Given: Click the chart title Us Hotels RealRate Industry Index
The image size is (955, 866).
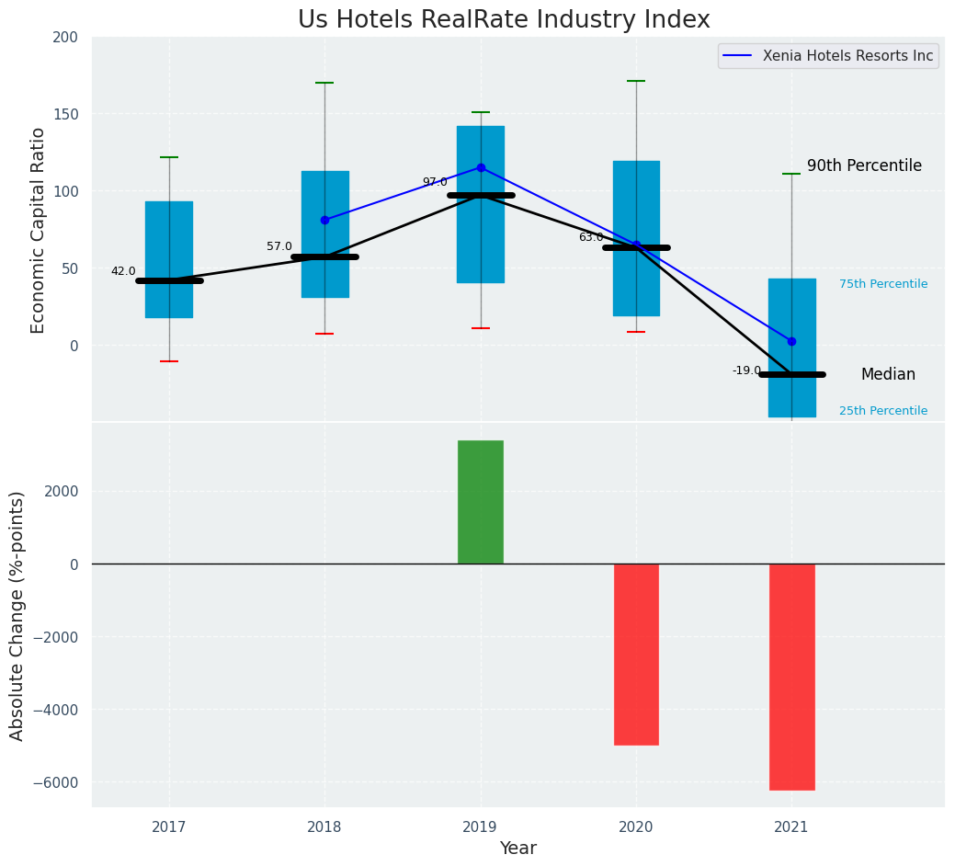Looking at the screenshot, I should coord(503,20).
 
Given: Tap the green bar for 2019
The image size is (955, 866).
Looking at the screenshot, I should coord(480,502).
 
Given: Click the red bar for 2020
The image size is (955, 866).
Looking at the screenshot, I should coord(636,654).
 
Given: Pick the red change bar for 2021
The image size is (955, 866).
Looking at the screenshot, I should coord(791,677).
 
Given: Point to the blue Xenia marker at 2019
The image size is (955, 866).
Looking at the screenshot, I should coord(481,167).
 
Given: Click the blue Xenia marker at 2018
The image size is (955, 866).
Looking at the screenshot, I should coord(324,220).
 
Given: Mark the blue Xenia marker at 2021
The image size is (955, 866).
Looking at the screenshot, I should coord(791,341).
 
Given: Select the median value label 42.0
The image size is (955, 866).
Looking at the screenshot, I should coord(123,271).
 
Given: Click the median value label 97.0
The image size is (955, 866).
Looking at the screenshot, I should coord(435,182).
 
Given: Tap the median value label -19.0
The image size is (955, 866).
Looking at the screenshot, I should coord(746,370).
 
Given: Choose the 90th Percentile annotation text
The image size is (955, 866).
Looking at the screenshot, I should coord(864,165).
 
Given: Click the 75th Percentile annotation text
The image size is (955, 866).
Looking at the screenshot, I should coord(882,284).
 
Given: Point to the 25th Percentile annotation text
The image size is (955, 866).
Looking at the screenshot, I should coord(882,411).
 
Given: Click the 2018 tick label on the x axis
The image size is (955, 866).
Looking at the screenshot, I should coord(324,827).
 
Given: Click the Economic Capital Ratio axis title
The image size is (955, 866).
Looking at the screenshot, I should coord(39,230).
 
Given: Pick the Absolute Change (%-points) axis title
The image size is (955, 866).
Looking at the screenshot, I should coord(17,615).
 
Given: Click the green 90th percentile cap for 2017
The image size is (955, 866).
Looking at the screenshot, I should coord(169,157).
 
